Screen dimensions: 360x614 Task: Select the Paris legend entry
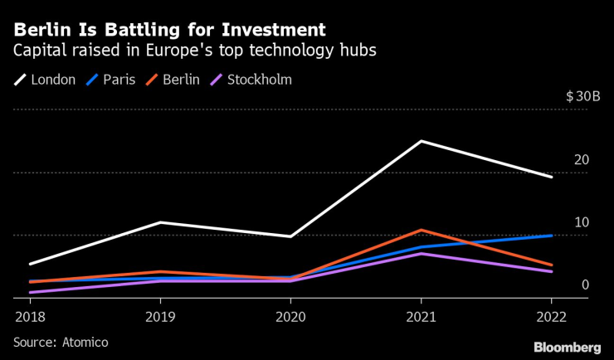[x=114, y=80]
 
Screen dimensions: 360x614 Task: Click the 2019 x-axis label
[x=159, y=316]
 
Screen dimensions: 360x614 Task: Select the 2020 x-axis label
[x=290, y=316]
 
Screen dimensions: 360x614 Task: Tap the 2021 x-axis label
[x=422, y=316]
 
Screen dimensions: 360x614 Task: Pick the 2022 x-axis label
[x=552, y=316]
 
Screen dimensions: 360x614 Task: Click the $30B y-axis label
[x=582, y=96]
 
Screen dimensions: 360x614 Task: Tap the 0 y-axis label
[x=585, y=285]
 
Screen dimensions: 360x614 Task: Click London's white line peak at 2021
[x=422, y=141]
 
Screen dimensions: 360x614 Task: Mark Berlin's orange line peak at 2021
[x=422, y=230]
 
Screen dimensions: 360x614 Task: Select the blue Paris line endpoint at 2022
[x=552, y=236]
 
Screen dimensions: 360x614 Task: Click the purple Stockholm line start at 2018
[x=29, y=292]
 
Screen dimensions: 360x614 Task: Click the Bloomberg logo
[x=567, y=346]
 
